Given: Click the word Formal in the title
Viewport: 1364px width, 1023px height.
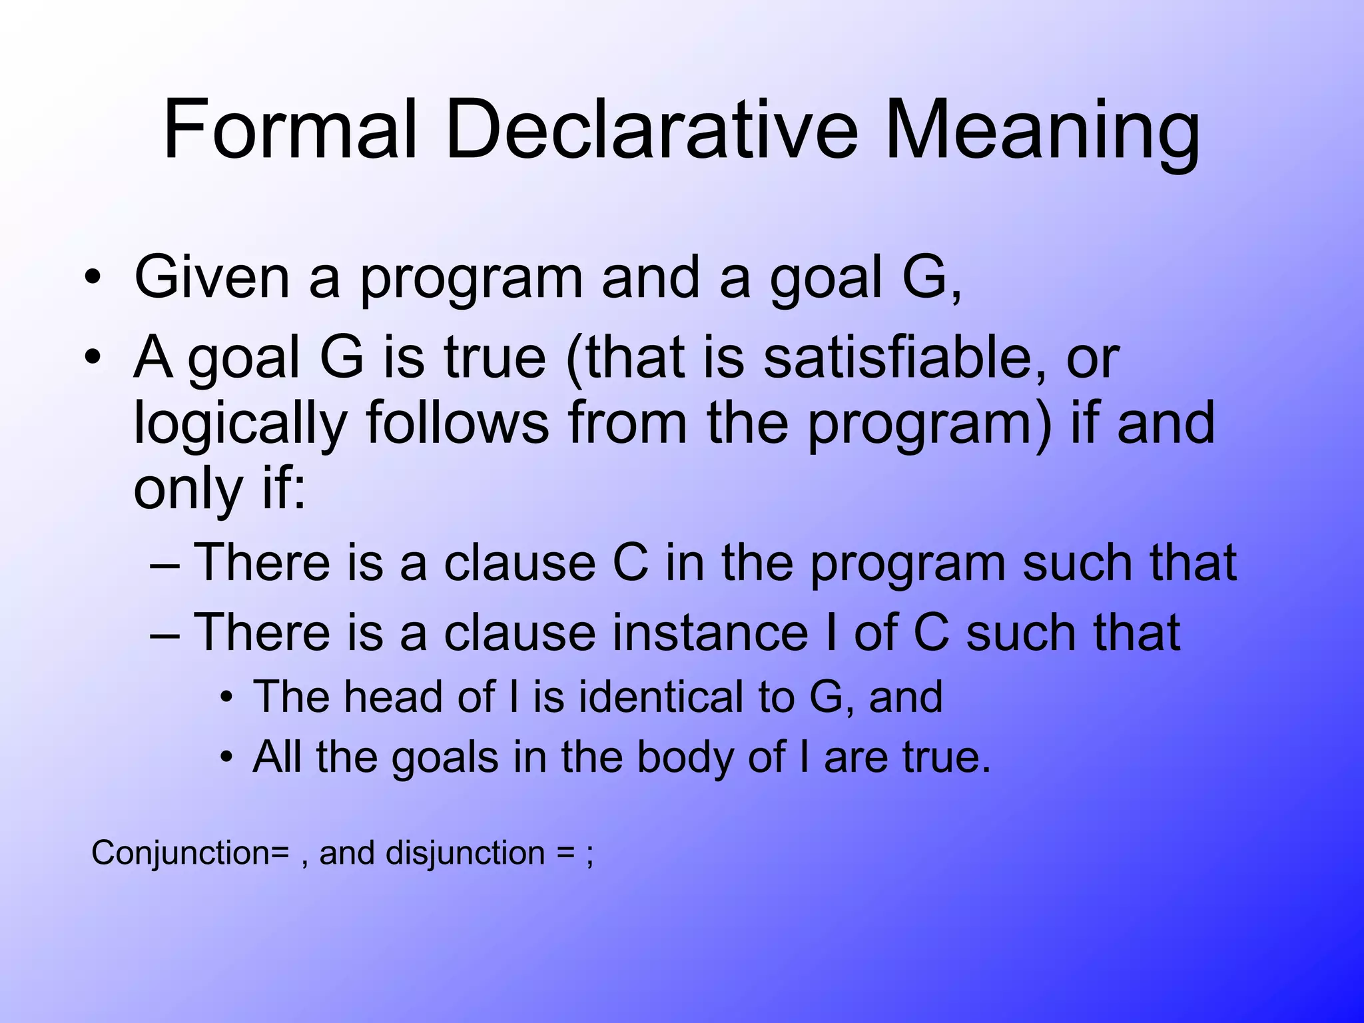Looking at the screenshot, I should point(290,130).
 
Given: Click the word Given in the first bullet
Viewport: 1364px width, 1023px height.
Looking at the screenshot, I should point(212,277).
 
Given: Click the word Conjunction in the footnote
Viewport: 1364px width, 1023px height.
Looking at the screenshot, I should point(180,853).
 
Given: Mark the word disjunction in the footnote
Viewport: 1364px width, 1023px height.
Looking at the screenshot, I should point(465,853).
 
